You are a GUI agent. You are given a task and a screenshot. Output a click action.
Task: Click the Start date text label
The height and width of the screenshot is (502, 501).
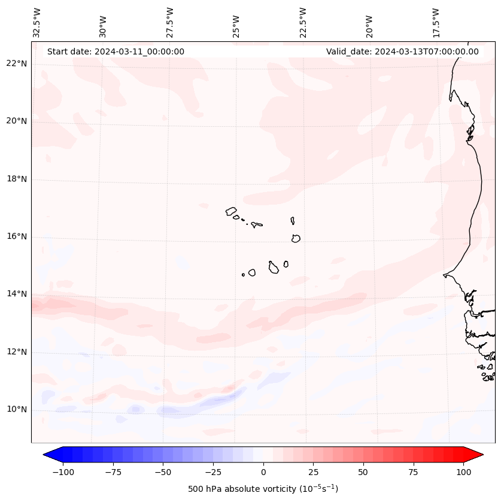pos(116,51)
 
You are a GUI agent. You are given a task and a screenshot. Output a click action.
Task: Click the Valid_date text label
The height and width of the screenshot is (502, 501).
pos(402,51)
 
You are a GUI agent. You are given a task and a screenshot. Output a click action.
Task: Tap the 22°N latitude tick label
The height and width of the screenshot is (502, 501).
pos(16,63)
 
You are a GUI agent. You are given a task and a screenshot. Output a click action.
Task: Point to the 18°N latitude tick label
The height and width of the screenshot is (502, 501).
pos(16,179)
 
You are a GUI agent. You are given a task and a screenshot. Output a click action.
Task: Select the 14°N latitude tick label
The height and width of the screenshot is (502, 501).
pos(16,294)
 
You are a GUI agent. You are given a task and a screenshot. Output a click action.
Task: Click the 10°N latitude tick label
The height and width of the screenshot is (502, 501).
pos(16,409)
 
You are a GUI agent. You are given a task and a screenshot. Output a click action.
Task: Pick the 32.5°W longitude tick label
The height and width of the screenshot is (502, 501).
pos(37,23)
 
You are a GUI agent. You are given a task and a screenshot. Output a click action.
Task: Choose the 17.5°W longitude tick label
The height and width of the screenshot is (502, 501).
pos(436,23)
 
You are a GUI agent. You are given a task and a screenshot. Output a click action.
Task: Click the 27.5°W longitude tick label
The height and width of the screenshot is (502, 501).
pos(170,23)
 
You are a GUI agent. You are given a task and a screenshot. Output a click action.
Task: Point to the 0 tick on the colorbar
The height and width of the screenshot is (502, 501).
pos(263,471)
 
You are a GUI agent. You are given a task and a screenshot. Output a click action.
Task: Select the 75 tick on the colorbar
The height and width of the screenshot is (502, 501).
pos(413,471)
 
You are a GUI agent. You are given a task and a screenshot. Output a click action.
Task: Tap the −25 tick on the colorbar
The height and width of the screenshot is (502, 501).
pos(213,471)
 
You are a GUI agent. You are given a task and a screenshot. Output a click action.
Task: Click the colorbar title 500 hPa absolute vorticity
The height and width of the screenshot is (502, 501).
pos(263,489)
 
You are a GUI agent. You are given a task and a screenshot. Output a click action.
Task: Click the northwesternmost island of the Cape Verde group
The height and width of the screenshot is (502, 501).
pos(231,211)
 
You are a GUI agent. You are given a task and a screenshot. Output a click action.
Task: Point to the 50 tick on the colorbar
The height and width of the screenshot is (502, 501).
pos(363,471)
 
